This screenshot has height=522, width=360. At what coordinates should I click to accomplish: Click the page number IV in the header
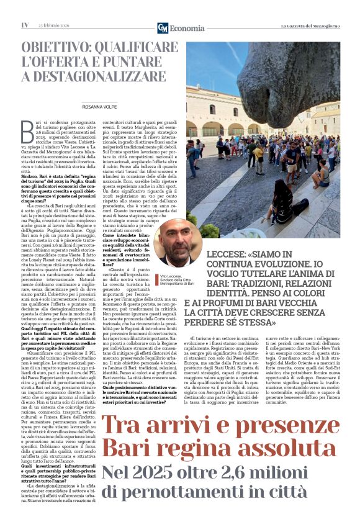(x=25, y=25)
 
